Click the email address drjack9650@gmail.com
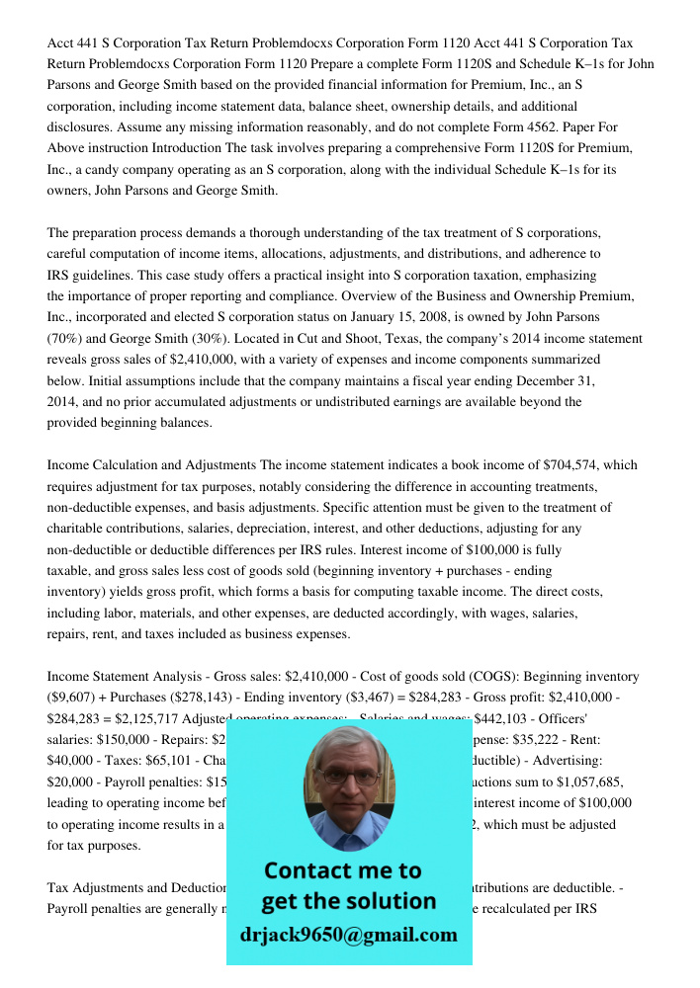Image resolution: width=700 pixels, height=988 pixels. [348, 935]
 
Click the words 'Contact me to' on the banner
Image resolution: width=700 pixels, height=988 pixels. [342, 870]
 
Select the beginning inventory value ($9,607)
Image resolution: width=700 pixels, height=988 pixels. [75, 698]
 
